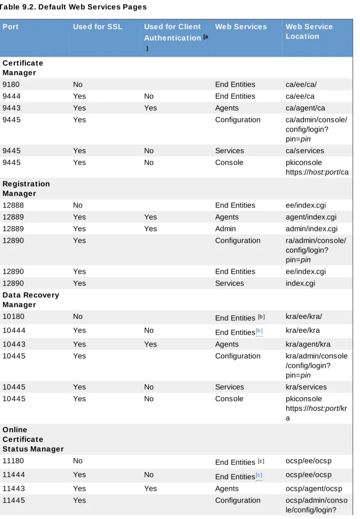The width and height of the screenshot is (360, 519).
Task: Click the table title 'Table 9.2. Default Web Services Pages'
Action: click(x=73, y=7)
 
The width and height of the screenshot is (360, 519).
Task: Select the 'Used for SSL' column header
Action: click(x=98, y=27)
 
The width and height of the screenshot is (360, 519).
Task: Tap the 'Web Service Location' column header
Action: click(x=309, y=31)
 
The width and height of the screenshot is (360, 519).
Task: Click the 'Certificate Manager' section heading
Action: click(x=23, y=68)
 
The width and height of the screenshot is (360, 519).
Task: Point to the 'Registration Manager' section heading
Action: click(x=26, y=189)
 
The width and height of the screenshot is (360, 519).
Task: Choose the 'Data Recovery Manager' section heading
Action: click(x=31, y=300)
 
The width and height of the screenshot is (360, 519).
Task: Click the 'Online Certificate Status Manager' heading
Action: click(x=33, y=439)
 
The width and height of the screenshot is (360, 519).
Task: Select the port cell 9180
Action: click(x=11, y=84)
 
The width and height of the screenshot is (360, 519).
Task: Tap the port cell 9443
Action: click(x=11, y=108)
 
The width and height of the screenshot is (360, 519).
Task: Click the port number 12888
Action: click(x=13, y=205)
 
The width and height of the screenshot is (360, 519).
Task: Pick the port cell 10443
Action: click(x=14, y=344)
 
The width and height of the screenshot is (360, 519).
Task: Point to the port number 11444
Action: click(x=14, y=475)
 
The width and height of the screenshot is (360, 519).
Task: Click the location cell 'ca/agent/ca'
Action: click(x=305, y=108)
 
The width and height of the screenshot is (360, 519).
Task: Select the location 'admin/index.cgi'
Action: click(x=311, y=229)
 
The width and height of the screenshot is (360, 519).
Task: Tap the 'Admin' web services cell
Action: click(x=225, y=229)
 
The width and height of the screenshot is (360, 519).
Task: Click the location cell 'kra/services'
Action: click(x=306, y=387)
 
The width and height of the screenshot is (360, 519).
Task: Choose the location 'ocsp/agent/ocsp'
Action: click(x=314, y=489)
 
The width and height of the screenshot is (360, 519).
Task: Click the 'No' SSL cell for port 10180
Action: click(x=78, y=316)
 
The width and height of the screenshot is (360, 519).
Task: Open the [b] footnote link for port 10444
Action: click(x=259, y=331)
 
